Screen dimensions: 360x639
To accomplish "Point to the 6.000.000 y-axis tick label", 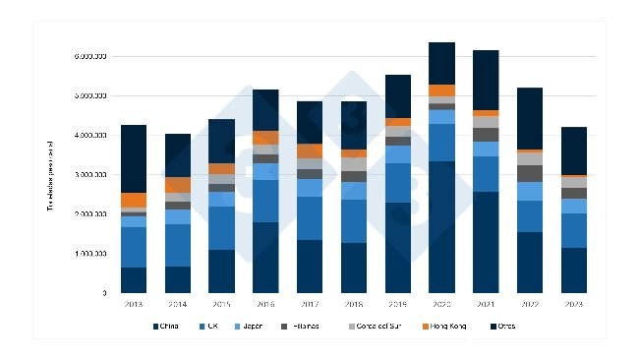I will click(90, 57).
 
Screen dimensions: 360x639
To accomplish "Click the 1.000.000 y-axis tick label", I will click(90, 254).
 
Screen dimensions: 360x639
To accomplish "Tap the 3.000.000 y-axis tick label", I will click(90, 175).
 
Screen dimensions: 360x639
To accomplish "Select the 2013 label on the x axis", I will click(134, 304).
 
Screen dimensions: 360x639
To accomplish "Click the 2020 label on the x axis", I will click(441, 304).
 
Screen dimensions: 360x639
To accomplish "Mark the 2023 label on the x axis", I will click(573, 304).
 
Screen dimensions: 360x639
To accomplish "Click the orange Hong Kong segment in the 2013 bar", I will click(134, 200).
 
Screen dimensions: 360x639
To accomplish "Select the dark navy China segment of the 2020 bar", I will click(441, 226).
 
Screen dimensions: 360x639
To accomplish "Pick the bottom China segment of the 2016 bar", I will click(265, 258).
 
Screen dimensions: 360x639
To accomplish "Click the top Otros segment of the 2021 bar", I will click(486, 80).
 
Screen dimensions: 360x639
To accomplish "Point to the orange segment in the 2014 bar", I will click(178, 185).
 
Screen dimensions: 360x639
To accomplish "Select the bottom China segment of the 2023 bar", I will click(573, 270).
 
